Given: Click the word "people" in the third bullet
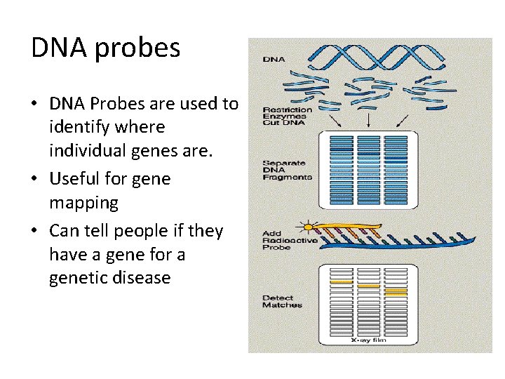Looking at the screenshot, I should [x=150, y=231].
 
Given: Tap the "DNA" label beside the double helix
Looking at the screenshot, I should [x=273, y=59].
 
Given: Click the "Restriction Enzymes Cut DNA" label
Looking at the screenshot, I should [x=287, y=117].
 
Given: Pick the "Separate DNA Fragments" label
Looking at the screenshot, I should [x=286, y=170].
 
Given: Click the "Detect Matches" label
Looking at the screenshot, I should [x=282, y=302].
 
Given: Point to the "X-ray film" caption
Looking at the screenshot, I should [x=368, y=340].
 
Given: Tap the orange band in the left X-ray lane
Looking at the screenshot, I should [x=342, y=281].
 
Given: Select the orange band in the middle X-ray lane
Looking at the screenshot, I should [x=368, y=286].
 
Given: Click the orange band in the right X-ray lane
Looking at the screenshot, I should [x=396, y=290].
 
